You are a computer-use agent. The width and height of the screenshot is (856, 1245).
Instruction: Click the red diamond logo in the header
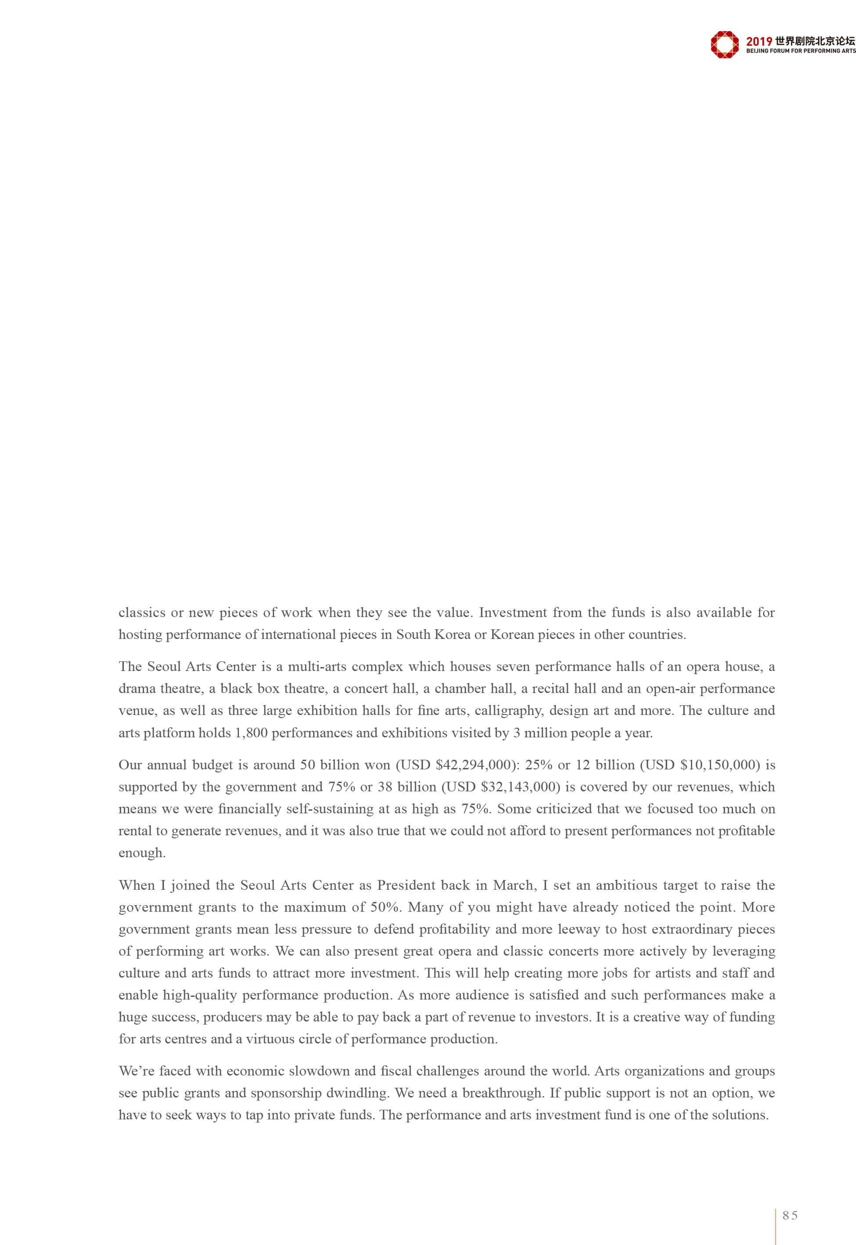pos(724,44)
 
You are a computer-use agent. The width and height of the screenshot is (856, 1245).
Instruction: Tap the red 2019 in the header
pos(759,41)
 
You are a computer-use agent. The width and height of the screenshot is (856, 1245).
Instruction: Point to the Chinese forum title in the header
pos(815,41)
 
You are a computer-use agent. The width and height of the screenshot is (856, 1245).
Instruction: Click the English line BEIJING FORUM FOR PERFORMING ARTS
pos(801,51)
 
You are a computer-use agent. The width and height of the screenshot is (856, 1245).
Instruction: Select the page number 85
pos(790,1215)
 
